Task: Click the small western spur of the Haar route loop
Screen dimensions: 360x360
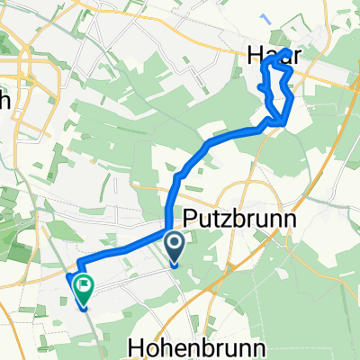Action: pos(261,87)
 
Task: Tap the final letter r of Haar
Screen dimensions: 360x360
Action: pos(294,56)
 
